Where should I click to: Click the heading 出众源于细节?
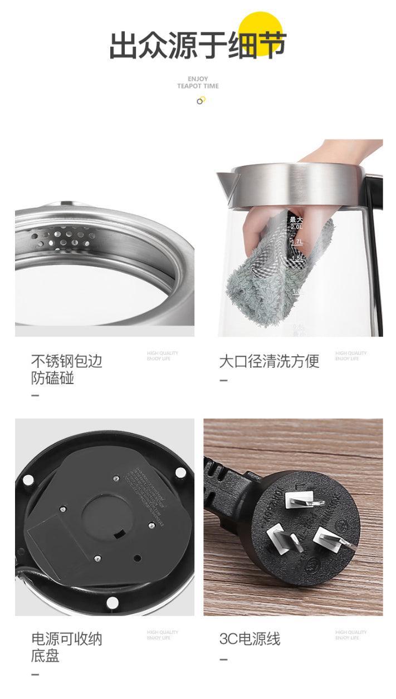(x=198, y=46)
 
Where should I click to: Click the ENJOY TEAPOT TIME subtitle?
(x=198, y=83)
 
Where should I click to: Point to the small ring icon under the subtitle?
(x=201, y=101)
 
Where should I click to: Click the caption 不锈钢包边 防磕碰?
(x=66, y=370)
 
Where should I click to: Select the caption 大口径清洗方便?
(x=269, y=361)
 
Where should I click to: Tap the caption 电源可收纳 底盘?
(x=66, y=647)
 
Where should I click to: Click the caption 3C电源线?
(x=250, y=639)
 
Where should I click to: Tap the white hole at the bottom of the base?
(x=112, y=603)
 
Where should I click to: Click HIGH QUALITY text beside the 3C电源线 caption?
(x=351, y=632)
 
